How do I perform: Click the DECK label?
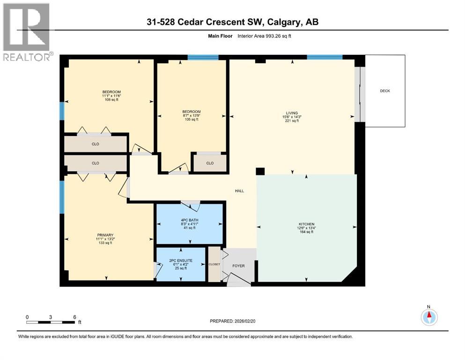pyautogui.click(x=385, y=91)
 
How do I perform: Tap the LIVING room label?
pyautogui.click(x=292, y=112)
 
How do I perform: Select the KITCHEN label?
pyautogui.click(x=306, y=224)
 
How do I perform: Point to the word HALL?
pyautogui.click(x=239, y=191)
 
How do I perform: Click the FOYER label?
pyautogui.click(x=239, y=266)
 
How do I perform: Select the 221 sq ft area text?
pyautogui.click(x=292, y=121)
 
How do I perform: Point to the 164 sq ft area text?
pyautogui.click(x=306, y=232)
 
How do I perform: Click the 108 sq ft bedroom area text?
pyautogui.click(x=111, y=100)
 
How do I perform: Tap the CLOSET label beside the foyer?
pyautogui.click(x=214, y=264)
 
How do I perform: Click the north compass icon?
pyautogui.click(x=428, y=317)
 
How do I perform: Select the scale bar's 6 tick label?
pyautogui.click(x=74, y=316)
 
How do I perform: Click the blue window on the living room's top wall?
pyautogui.click(x=325, y=57)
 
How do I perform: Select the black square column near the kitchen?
pyautogui.click(x=260, y=172)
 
